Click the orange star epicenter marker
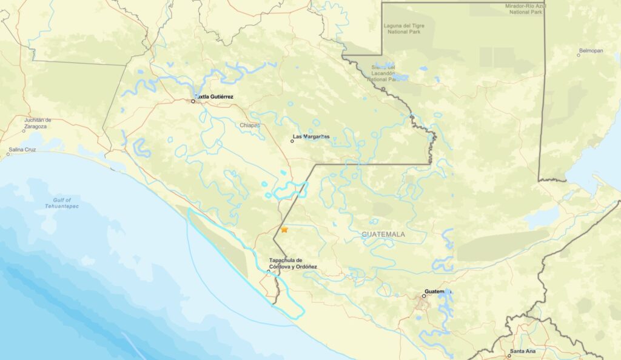tap(284, 230)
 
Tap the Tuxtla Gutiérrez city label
tap(213, 97)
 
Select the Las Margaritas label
tap(311, 137)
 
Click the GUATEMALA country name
tap(383, 234)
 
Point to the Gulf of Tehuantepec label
tap(62, 203)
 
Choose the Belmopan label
tap(591, 51)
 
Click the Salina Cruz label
tap(22, 149)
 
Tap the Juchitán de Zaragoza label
tap(38, 123)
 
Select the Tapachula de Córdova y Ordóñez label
tap(293, 263)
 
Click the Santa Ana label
tap(522, 352)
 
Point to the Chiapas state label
tap(249, 125)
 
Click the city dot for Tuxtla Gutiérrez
tap(193, 101)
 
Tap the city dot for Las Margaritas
tap(292, 141)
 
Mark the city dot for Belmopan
tap(579, 55)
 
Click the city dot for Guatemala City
tap(424, 296)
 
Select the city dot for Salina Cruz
tap(7, 154)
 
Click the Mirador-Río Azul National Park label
tap(526, 8)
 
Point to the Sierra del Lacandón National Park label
tap(383, 73)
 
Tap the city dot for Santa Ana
tap(509, 356)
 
